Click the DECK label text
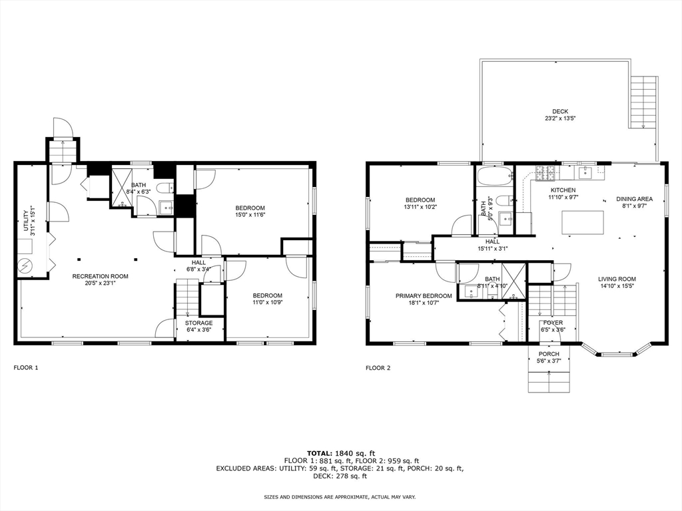pos(560,111)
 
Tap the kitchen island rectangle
pos(583,222)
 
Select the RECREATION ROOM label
pos(101,276)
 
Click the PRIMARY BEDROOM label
pos(424,296)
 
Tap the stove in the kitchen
pos(546,174)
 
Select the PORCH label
pos(549,353)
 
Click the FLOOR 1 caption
pos(26,367)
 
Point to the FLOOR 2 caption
pos(378,367)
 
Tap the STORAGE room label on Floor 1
pos(199,323)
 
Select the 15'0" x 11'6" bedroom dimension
pos(250,214)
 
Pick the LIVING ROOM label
pos(617,279)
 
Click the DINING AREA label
pos(635,198)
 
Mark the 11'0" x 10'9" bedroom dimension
pos(267,302)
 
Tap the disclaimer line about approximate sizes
pos(340,497)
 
